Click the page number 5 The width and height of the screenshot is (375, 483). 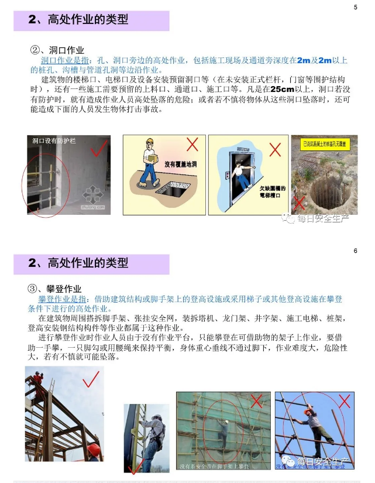[x=355, y=7]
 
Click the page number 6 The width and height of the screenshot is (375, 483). [x=355, y=251]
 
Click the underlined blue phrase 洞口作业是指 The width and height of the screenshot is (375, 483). [x=64, y=60]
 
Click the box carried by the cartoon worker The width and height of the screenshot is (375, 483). [x=151, y=156]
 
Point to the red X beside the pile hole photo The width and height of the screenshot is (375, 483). [x=300, y=203]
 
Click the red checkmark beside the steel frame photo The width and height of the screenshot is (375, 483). [x=90, y=382]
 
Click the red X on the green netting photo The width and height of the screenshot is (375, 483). [x=256, y=401]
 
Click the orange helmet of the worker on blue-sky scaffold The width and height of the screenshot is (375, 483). [x=308, y=412]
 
